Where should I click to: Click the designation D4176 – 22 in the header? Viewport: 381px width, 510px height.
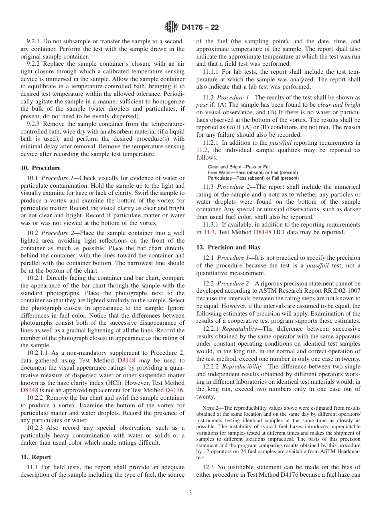click(200, 28)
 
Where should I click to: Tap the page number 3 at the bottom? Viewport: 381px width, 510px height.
click(190, 493)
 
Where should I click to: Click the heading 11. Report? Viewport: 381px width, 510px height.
click(36, 457)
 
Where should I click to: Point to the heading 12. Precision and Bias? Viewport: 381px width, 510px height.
click(228, 247)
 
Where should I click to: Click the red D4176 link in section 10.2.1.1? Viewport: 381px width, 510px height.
click(175, 389)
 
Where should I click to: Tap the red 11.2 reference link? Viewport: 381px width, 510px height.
click(202, 150)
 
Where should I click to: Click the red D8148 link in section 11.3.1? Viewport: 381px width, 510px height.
click(263, 232)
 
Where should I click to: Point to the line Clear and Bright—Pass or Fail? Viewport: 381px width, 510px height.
click(239, 167)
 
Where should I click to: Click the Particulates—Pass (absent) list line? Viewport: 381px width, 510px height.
click(253, 178)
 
